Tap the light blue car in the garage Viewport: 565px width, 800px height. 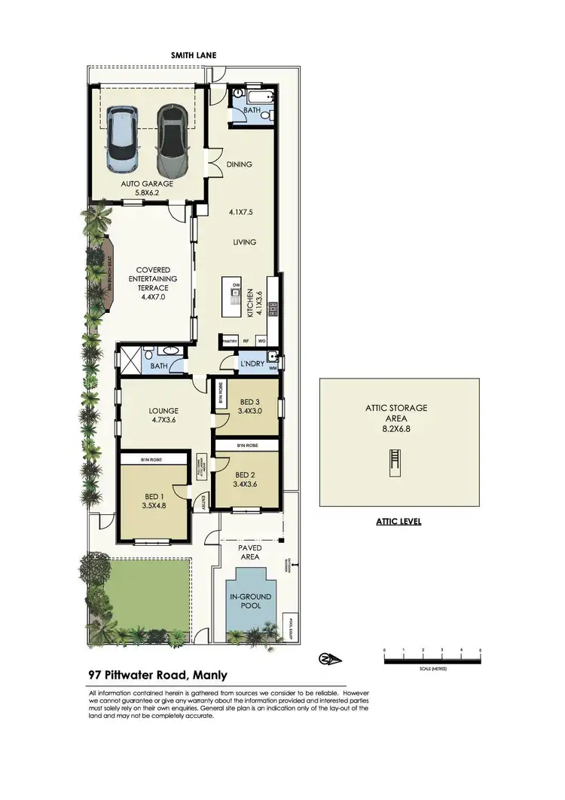pos(123,139)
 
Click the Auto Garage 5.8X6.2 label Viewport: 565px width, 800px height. pos(148,188)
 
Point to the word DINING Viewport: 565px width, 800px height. pos(240,164)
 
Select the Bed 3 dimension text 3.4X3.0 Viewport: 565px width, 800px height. pos(250,412)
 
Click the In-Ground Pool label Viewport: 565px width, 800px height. pos(250,601)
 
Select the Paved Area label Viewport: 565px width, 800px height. pos(250,552)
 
